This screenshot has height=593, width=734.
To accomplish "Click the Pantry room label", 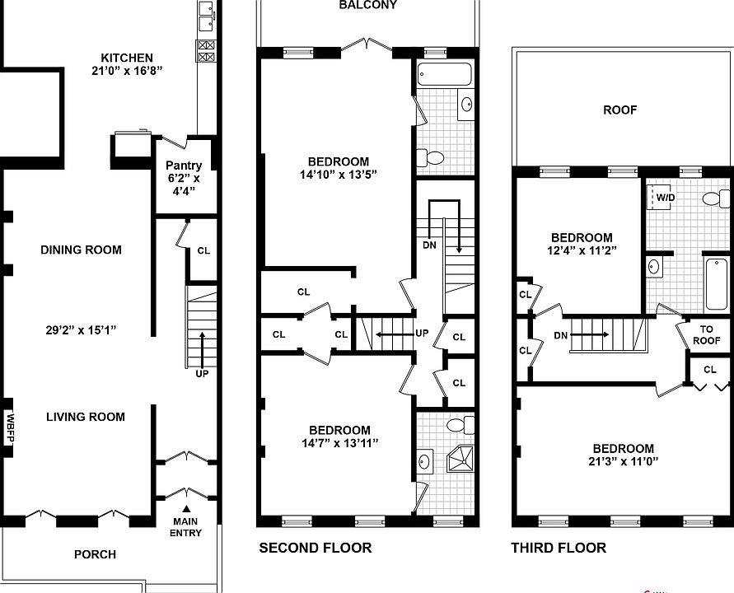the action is coord(184,166).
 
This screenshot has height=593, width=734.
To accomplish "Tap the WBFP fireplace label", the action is coord(10,427).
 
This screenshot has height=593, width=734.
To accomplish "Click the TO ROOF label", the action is coord(706,334).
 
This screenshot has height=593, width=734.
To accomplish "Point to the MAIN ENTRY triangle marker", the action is coord(186,508).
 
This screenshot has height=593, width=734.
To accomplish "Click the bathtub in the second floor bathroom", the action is coord(444,74).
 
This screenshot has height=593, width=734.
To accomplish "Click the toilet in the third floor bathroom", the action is coord(716,198).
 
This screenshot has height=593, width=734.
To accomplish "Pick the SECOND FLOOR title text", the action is coord(316,548).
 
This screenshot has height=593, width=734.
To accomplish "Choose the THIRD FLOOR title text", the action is coord(559,548).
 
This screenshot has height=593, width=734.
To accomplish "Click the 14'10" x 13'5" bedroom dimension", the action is coord(339,175).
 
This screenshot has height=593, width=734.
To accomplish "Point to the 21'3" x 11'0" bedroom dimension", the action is coord(624,461).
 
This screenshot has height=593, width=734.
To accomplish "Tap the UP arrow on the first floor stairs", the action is coord(202,351).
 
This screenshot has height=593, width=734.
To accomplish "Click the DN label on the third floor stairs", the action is coord(561,335).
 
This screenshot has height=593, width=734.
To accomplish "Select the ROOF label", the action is coord(620,110).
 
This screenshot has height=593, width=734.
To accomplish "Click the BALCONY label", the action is coord(368,5).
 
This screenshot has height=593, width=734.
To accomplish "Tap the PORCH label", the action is coord(95,554).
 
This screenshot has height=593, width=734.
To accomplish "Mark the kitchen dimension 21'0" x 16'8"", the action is coord(127,71).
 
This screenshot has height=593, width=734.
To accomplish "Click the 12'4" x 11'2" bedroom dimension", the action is coord(582,250).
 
